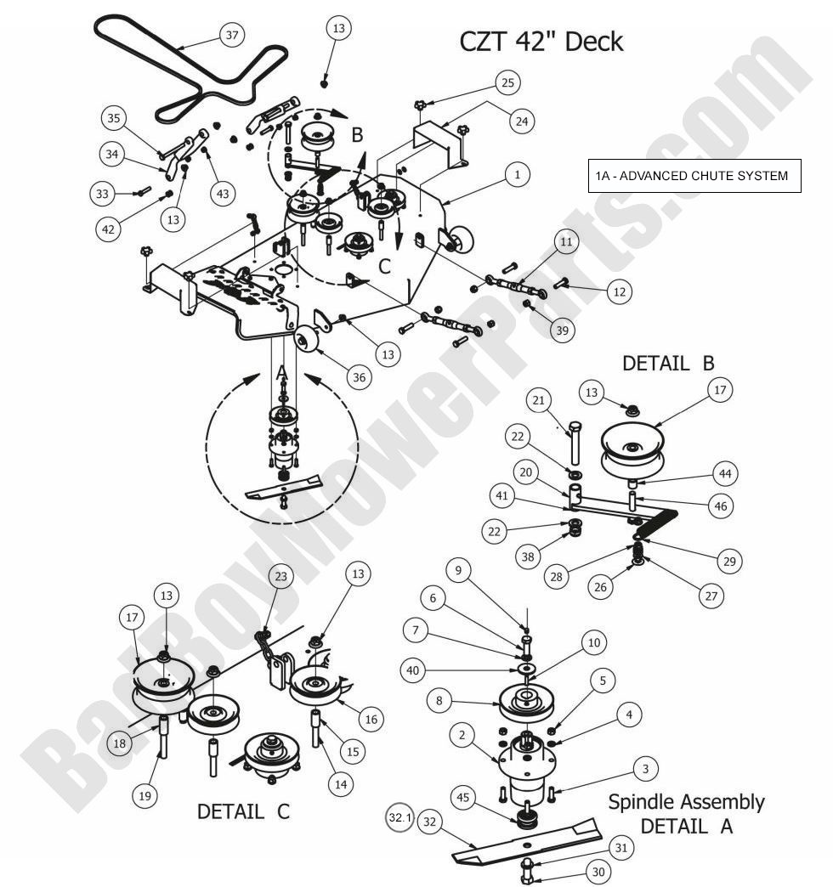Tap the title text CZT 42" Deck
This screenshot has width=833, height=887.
tap(541, 41)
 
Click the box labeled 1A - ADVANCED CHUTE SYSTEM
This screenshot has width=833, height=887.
tap(694, 176)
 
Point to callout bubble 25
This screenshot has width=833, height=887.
tap(507, 82)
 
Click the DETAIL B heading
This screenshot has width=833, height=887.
tap(668, 363)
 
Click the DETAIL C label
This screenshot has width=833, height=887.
tap(243, 811)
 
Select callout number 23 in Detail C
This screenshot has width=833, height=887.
tap(281, 576)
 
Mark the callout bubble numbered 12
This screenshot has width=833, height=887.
tap(619, 291)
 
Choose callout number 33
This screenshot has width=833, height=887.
tap(102, 194)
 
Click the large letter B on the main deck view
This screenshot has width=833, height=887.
tap(357, 135)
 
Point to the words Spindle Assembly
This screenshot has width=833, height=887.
tap(686, 801)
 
